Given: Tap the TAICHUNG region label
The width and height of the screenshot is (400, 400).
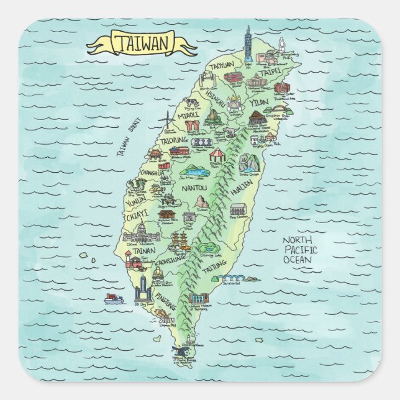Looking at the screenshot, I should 178,141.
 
